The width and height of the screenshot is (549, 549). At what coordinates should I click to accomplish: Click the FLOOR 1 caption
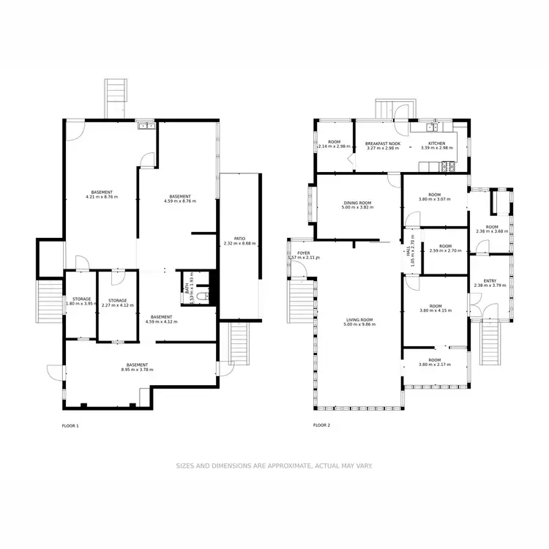70,425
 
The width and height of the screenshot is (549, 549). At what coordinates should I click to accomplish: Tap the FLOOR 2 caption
321,425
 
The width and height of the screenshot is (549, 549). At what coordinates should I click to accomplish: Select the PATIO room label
239,238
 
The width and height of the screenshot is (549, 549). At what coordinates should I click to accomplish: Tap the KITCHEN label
437,143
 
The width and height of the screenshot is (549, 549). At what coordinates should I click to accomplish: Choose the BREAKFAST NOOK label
383,143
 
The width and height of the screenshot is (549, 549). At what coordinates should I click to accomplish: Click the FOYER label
303,253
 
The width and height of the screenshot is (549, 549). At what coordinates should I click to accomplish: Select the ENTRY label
490,280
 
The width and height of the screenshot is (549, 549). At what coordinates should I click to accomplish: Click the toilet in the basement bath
204,291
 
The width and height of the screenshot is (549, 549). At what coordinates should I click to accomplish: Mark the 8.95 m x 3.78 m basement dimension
137,370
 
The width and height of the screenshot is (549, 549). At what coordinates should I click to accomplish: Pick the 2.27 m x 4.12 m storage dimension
118,305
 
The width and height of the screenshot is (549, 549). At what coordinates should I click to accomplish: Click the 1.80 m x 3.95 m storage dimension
81,305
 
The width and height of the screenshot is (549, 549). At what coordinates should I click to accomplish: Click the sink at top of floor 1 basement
146,125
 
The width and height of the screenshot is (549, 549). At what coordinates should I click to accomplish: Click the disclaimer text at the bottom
274,466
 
